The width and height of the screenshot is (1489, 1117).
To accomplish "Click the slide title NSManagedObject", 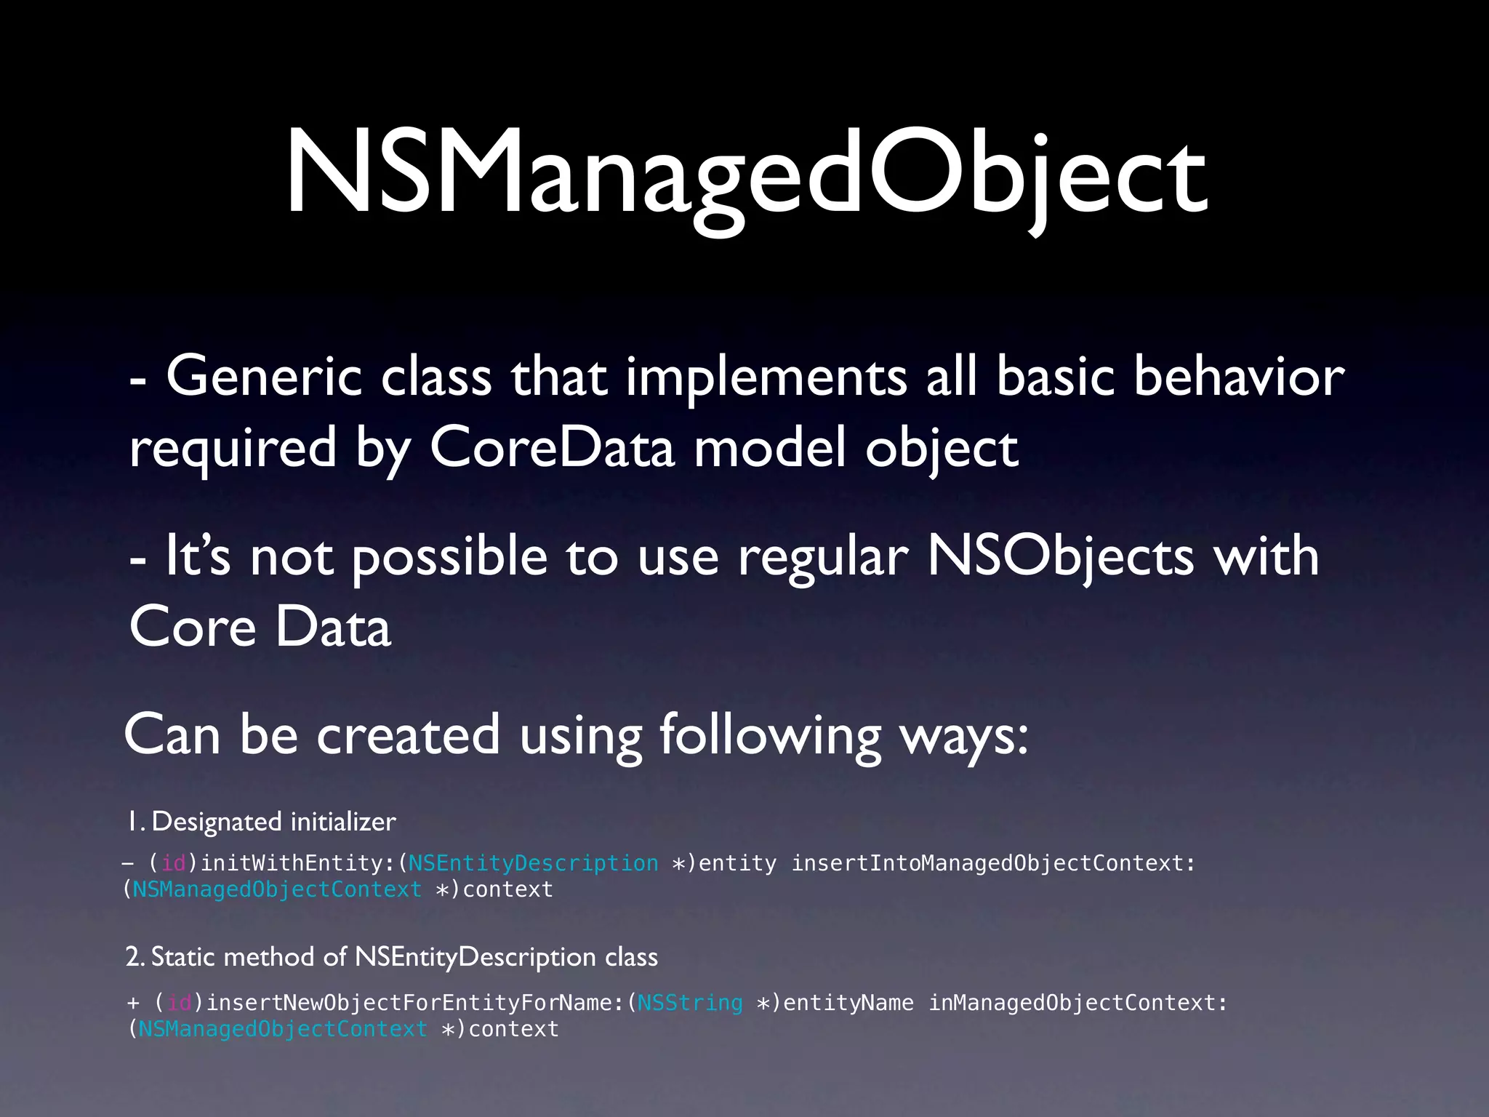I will tap(745, 175).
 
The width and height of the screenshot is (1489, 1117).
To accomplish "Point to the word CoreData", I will tap(553, 448).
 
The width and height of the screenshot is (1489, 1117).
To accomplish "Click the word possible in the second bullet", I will tap(449, 557).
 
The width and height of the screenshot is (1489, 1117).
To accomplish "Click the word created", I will tap(408, 734).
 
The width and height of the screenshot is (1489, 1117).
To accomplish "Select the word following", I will tap(770, 734).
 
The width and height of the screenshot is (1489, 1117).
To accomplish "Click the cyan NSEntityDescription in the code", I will tap(533, 863).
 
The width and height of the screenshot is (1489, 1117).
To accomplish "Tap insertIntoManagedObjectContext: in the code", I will tap(993, 863).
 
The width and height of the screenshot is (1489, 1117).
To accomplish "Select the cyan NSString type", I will tap(690, 1003).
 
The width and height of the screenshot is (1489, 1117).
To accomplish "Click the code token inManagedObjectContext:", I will tap(1078, 1003).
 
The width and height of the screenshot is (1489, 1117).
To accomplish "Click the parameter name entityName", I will tap(848, 1003).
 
